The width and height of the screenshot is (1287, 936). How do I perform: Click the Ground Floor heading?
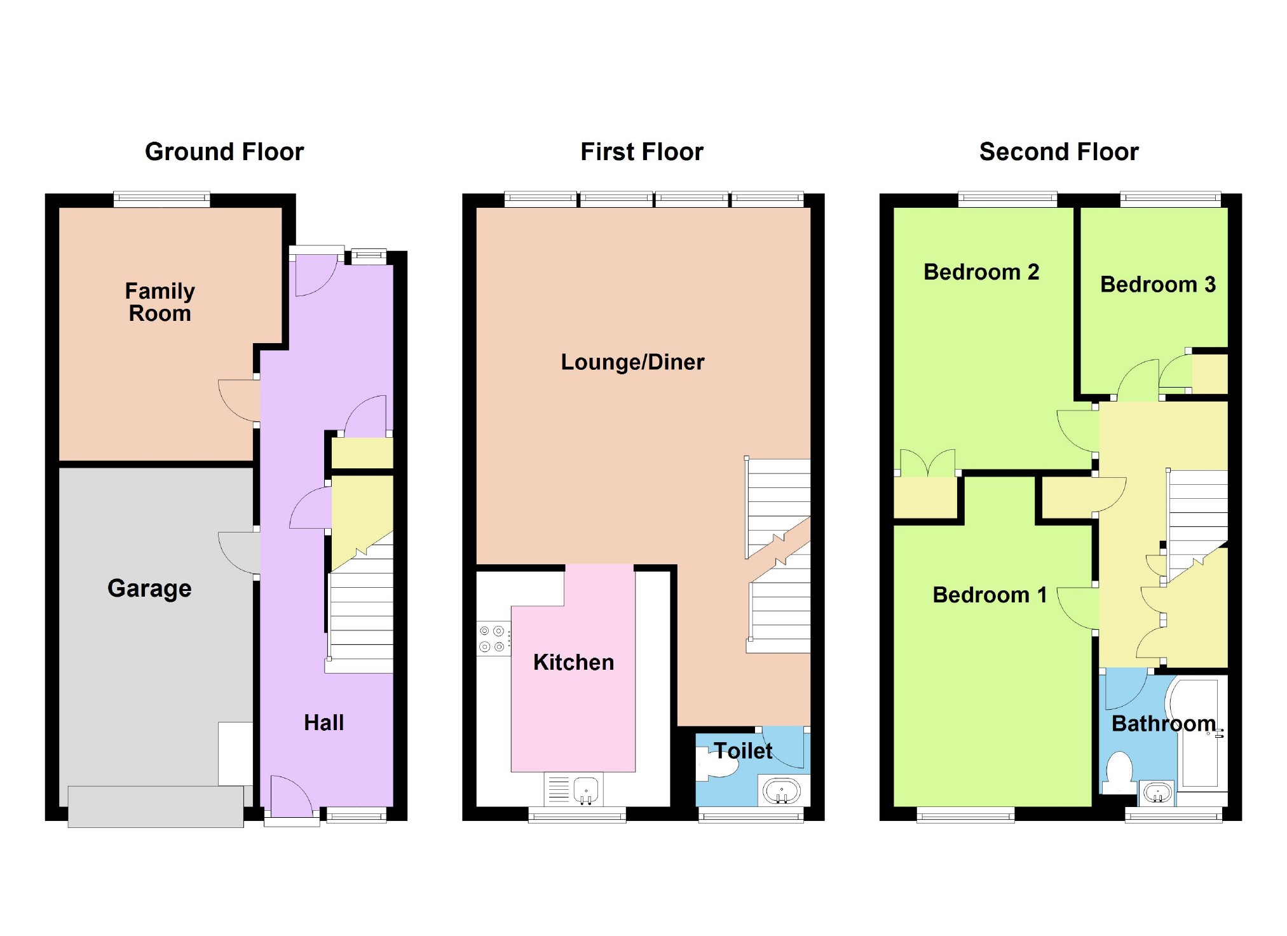point(224,152)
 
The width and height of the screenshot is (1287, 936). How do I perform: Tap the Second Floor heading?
point(1059,152)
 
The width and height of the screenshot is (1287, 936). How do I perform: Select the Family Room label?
point(160,302)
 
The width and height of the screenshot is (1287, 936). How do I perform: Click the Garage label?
point(149,588)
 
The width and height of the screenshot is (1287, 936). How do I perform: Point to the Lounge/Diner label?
point(632,362)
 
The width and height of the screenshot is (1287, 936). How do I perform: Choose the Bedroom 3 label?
point(1158,284)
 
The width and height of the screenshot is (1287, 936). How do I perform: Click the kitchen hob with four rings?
point(493,639)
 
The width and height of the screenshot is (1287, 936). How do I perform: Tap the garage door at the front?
point(156,806)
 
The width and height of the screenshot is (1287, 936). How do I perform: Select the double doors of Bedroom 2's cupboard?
point(928,463)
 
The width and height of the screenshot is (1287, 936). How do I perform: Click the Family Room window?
point(162,200)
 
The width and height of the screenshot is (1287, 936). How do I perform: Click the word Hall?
point(324,722)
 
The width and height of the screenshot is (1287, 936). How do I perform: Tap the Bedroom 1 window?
point(965,815)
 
